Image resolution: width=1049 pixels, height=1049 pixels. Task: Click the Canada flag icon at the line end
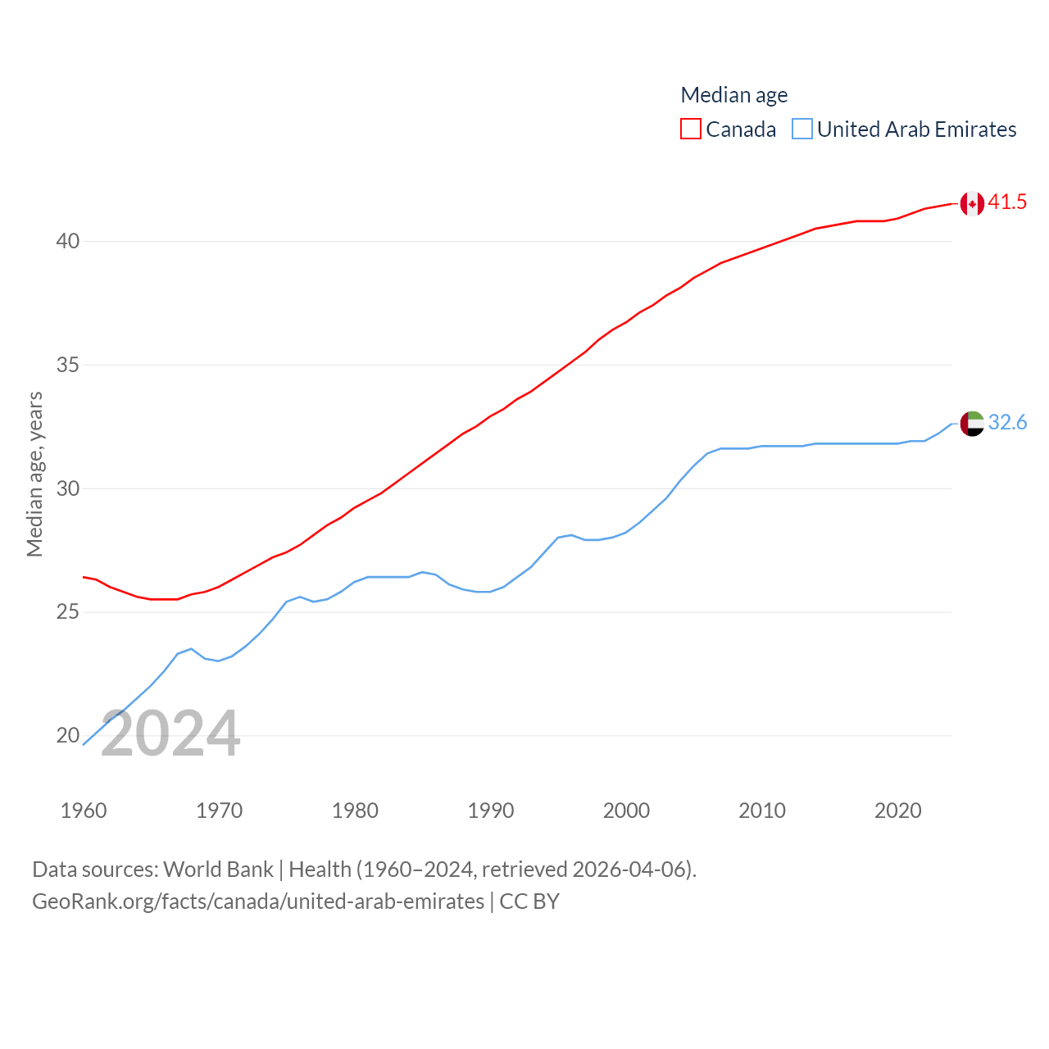[x=972, y=203]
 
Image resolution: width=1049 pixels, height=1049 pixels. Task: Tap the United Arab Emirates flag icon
[x=972, y=424]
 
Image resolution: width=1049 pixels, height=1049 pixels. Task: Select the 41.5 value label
[x=1007, y=202]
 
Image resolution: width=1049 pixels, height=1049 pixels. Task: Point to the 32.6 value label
[x=1007, y=423]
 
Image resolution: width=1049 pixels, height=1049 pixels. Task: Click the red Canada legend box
[x=691, y=129]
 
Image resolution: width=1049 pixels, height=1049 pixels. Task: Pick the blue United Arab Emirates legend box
[x=802, y=129]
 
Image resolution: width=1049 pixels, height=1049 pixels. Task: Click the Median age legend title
[x=734, y=95]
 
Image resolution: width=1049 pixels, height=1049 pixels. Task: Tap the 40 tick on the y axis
[x=68, y=242]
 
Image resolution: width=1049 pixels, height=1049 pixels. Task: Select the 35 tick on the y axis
[x=68, y=366]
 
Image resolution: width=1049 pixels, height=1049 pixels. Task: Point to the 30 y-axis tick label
[x=68, y=489]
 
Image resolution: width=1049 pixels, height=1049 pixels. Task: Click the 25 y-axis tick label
[x=68, y=613]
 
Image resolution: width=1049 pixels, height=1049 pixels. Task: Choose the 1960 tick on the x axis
[x=84, y=811]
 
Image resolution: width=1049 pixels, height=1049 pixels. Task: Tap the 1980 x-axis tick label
[x=355, y=811]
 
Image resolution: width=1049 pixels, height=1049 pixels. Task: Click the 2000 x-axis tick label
[x=626, y=811]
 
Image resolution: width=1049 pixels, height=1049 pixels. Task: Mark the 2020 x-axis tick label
[x=898, y=811]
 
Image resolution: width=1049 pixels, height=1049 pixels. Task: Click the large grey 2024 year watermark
[x=170, y=734]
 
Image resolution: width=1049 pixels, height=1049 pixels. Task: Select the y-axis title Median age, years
[x=34, y=475]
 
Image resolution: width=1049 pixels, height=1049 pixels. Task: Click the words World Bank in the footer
[x=218, y=870]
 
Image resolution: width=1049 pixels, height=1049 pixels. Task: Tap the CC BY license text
[x=529, y=901]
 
